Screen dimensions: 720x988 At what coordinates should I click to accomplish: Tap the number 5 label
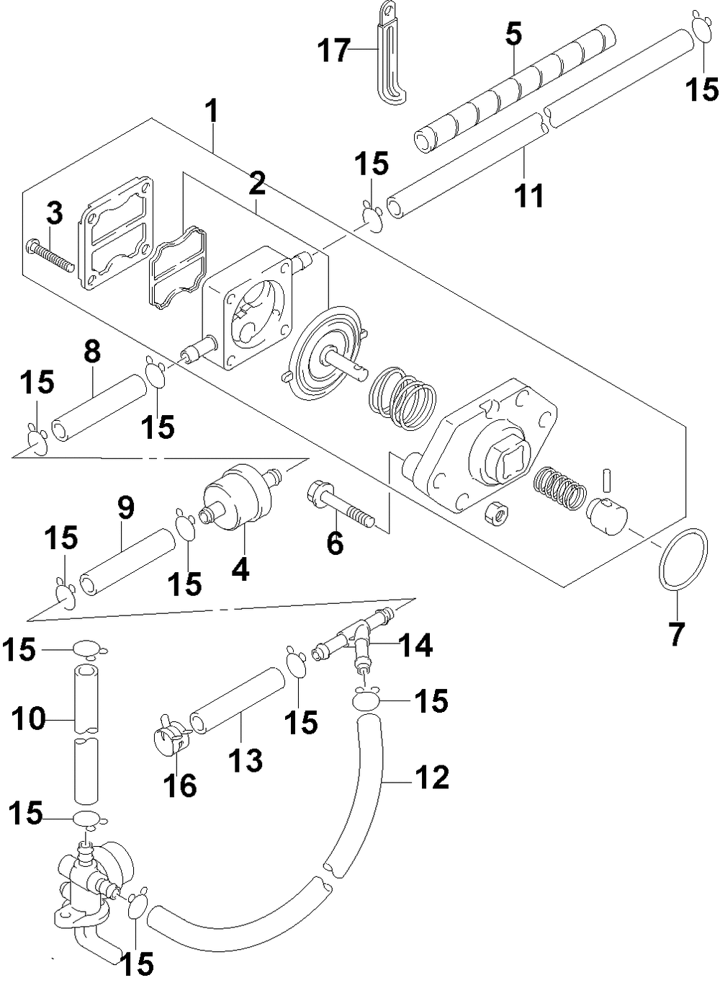click(513, 34)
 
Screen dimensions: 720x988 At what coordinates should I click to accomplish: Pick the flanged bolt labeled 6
click(340, 503)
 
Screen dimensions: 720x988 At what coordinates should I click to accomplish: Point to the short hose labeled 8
click(99, 406)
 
